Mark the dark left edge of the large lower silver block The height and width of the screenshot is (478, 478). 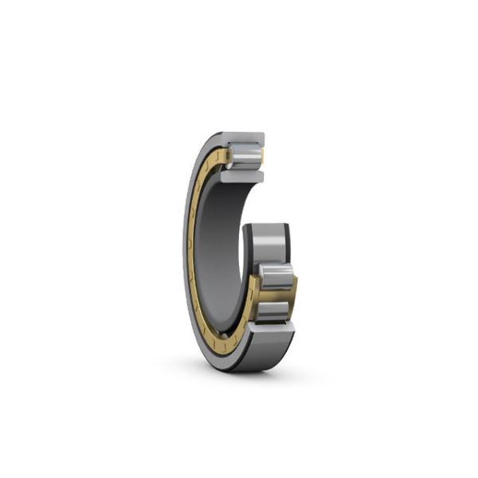click(x=247, y=243)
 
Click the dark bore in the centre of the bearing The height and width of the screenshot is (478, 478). click(x=219, y=239)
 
